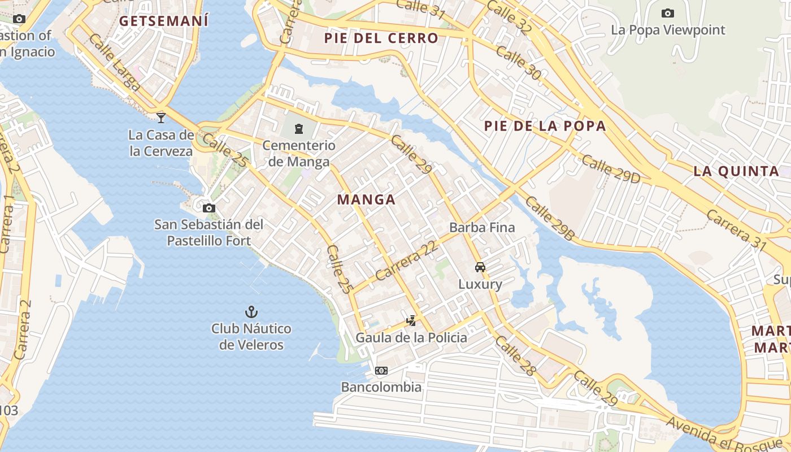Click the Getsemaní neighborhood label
[164, 21]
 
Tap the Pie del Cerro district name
[381, 38]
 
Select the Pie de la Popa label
[545, 126]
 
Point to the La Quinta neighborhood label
[736, 171]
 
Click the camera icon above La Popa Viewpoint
[668, 13]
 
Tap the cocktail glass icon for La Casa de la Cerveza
[161, 118]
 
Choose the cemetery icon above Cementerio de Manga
[298, 129]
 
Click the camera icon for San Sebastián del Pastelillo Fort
[209, 208]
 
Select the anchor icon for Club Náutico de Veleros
[251, 312]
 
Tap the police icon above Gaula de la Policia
[411, 321]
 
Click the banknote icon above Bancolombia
[381, 371]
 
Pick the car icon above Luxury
[480, 267]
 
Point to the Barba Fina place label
[482, 228]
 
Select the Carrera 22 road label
[407, 260]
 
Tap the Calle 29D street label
[611, 169]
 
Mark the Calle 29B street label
[549, 219]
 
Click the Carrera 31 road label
[737, 231]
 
